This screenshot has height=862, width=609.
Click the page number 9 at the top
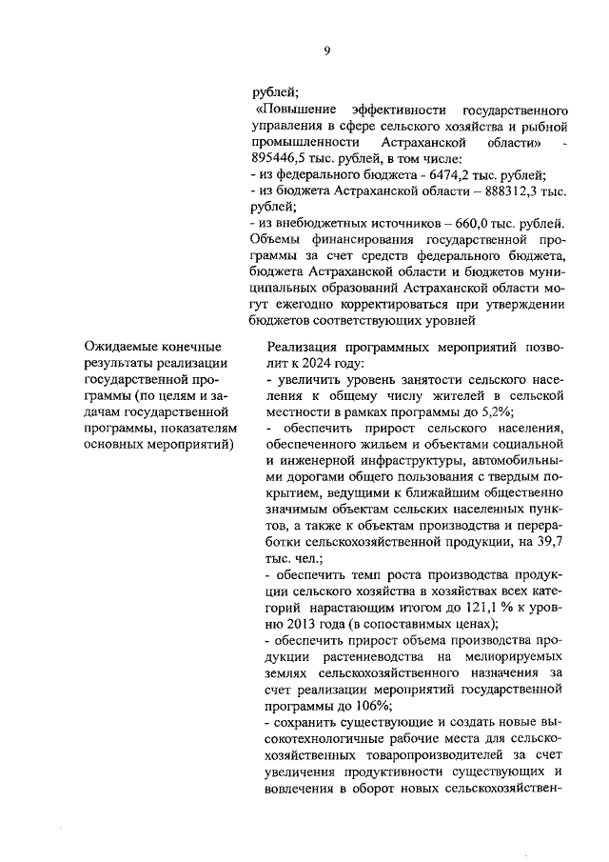pyautogui.click(x=326, y=51)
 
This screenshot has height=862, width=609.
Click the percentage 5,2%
pyautogui.click(x=494, y=411)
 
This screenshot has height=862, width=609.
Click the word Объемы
pyautogui.click(x=272, y=239)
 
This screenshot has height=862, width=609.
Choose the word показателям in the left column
pyautogui.click(x=188, y=428)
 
